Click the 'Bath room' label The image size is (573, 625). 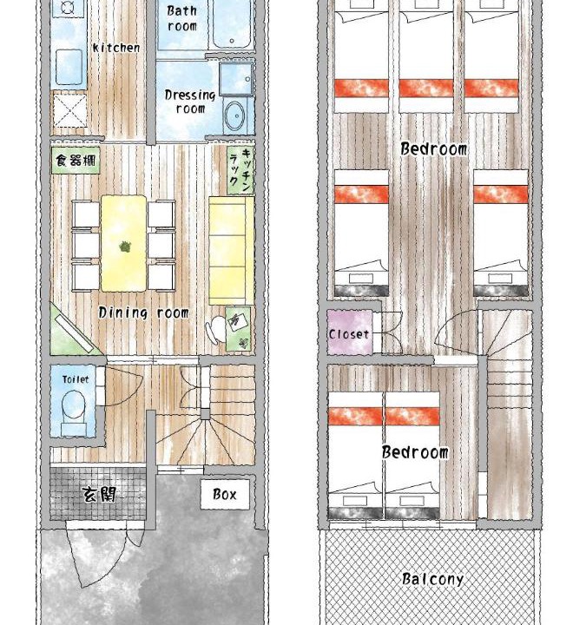(182, 18)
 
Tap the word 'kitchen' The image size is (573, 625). (116, 48)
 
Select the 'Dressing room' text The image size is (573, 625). (190, 102)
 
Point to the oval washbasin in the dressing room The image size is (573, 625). (234, 116)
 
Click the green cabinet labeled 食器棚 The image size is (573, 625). (76, 161)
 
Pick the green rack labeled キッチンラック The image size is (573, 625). (240, 170)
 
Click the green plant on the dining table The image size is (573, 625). (125, 247)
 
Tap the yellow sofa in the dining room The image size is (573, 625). (232, 250)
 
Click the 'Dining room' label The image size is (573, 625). (143, 312)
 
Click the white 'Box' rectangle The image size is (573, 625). (225, 494)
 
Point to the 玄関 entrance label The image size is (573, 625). (99, 495)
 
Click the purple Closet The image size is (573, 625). (350, 332)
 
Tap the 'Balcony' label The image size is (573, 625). (432, 579)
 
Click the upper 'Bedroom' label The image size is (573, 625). (433, 149)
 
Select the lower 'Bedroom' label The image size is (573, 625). (415, 452)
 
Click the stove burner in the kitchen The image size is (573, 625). (69, 7)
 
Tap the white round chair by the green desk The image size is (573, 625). (215, 329)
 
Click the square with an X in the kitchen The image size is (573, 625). (69, 110)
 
